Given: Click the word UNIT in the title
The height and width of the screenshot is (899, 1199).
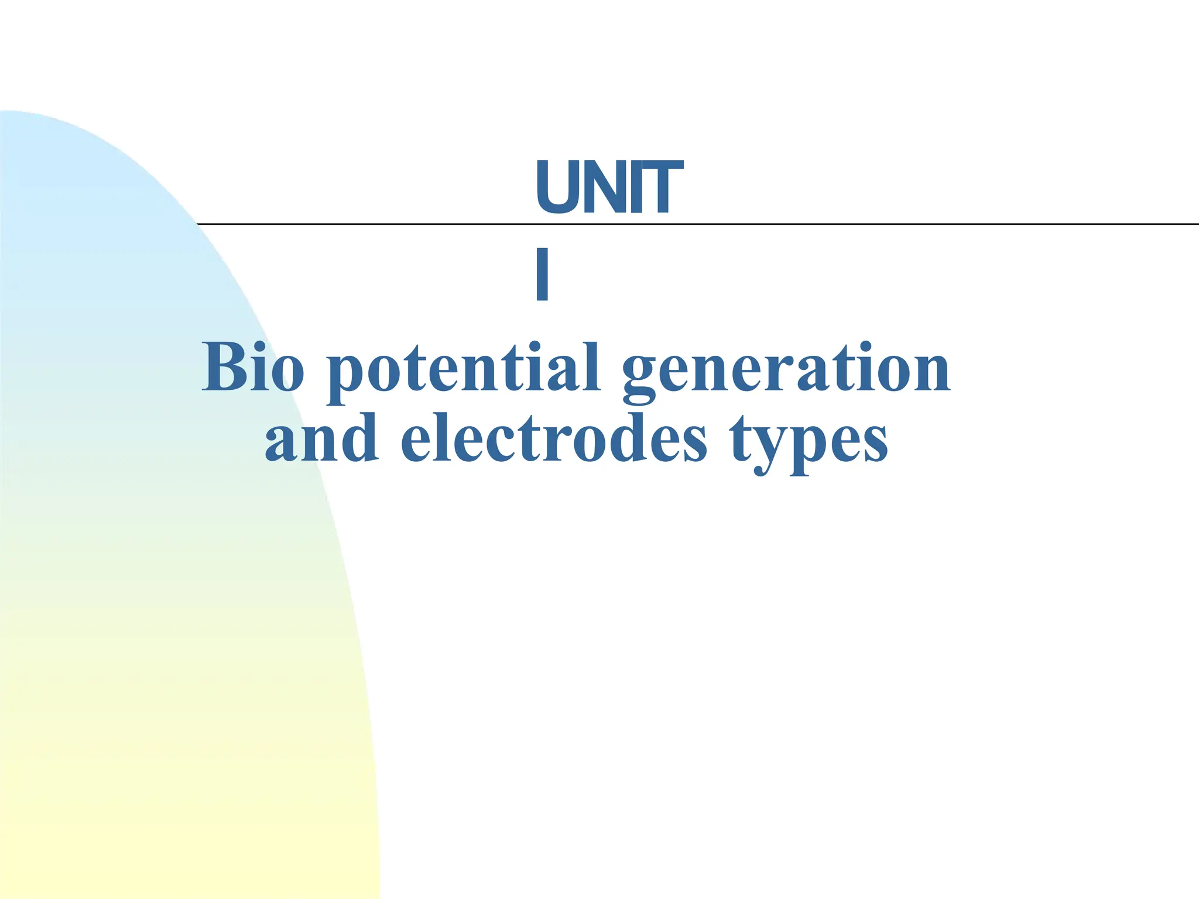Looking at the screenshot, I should (609, 187).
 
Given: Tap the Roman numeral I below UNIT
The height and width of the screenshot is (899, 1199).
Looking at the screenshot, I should (542, 274).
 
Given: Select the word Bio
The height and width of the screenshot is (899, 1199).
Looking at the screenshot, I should (253, 368).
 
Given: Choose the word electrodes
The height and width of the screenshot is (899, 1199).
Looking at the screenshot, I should (554, 439).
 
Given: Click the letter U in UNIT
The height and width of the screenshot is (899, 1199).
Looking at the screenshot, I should (556, 187).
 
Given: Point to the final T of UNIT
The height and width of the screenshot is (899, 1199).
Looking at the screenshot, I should (662, 187).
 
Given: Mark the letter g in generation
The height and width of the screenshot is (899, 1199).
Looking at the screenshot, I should (642, 378).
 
